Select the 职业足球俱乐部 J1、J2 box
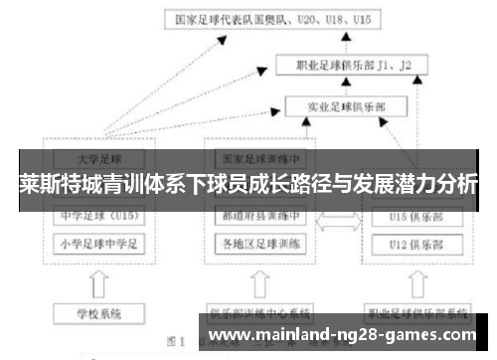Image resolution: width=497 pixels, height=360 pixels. pos(349,66)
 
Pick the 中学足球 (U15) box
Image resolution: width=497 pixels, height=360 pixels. pos(98,213)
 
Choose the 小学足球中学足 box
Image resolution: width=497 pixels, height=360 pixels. pos(98,242)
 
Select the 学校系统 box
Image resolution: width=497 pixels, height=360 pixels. pos(98,314)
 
